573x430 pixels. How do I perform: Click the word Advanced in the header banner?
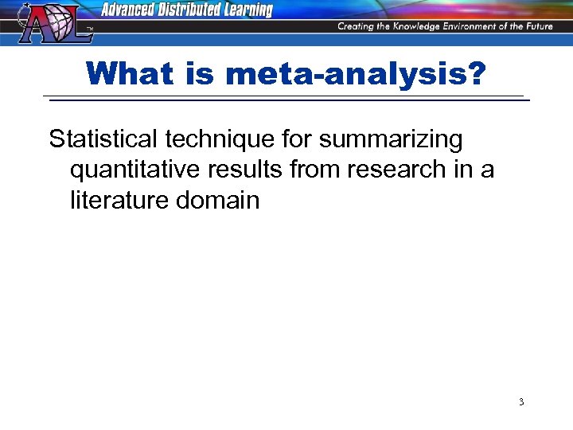click(131, 10)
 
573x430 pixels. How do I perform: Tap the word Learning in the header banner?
click(244, 10)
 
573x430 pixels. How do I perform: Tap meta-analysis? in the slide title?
click(356, 74)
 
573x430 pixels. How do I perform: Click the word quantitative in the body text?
click(133, 170)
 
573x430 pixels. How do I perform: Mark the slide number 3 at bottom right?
click(521, 402)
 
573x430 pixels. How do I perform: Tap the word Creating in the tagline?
click(357, 26)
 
